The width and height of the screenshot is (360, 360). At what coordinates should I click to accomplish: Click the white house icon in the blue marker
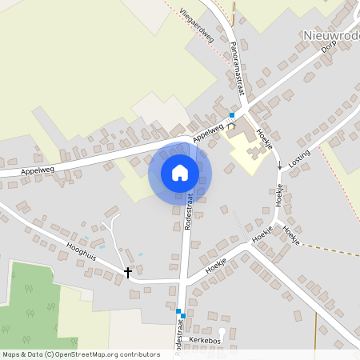(180, 173)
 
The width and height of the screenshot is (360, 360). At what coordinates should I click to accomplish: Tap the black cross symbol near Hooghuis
(127, 273)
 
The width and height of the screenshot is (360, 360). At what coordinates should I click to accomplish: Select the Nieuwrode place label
(331, 35)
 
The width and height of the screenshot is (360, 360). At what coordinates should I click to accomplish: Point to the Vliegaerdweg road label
(197, 23)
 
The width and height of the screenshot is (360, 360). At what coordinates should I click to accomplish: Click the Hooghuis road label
(82, 251)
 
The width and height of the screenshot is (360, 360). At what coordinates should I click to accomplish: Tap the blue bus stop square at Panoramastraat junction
(232, 116)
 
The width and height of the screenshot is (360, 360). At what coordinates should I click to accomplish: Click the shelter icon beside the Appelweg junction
(232, 126)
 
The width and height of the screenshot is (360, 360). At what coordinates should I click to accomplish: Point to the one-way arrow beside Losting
(280, 166)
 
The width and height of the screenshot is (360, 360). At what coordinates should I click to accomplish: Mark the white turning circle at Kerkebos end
(222, 331)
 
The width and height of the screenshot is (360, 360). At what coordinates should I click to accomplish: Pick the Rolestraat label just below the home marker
(190, 212)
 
